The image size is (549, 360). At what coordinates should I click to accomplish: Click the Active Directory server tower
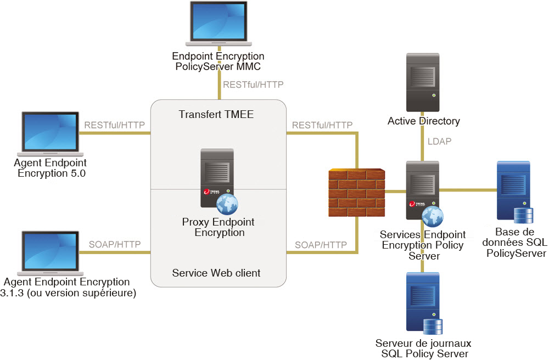click(x=422, y=82)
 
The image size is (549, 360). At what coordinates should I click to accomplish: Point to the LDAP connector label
click(x=439, y=142)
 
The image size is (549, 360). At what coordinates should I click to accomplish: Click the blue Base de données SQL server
click(x=513, y=189)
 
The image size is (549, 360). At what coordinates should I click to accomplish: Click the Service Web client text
click(x=216, y=273)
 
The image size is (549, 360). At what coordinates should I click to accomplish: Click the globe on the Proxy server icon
click(x=227, y=204)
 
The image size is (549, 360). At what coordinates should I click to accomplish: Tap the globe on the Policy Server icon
click(x=432, y=217)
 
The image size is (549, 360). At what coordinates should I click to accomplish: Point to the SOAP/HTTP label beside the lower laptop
click(x=115, y=244)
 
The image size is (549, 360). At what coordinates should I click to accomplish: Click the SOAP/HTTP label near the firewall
click(x=321, y=244)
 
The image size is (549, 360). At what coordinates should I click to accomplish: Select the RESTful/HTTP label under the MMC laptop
click(x=253, y=85)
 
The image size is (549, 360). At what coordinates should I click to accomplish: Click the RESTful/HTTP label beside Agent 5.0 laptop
click(x=114, y=125)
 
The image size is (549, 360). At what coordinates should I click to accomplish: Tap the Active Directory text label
click(x=423, y=121)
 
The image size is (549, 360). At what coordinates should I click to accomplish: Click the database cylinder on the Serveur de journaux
click(x=433, y=327)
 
